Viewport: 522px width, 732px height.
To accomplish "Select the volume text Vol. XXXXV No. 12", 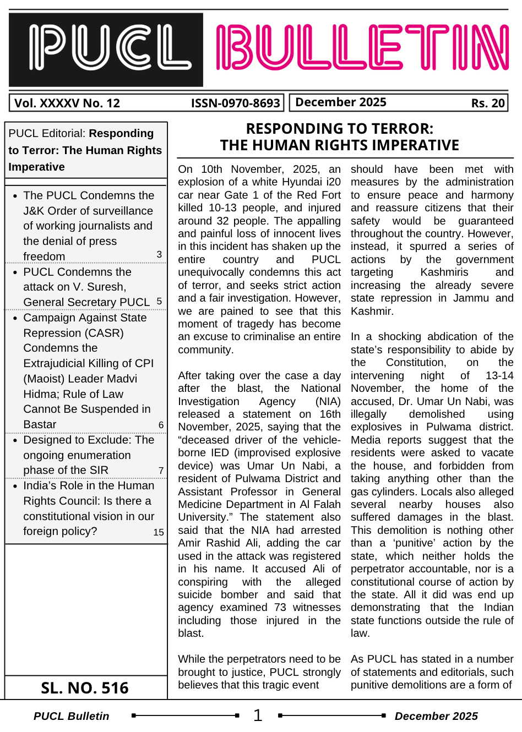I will [x=67, y=103].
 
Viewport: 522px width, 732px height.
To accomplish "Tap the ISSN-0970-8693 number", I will [x=236, y=103].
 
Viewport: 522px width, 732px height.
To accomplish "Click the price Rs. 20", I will [x=488, y=103].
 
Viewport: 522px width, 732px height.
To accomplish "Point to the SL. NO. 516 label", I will [x=85, y=688].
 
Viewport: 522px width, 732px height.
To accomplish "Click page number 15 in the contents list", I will [x=159, y=532].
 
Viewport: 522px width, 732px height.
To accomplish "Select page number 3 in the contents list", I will [x=159, y=254].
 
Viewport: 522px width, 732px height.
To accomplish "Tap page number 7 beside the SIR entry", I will [x=161, y=471].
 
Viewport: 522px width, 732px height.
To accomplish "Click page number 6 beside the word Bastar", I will [x=161, y=425].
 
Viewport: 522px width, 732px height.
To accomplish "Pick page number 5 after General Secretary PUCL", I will [x=159, y=301].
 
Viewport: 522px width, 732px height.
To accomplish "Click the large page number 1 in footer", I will [x=258, y=715].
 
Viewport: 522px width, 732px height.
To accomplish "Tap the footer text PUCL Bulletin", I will [x=72, y=716].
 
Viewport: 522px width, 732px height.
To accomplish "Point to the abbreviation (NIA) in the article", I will [x=328, y=402].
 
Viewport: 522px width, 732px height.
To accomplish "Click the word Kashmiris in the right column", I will [x=444, y=272].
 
